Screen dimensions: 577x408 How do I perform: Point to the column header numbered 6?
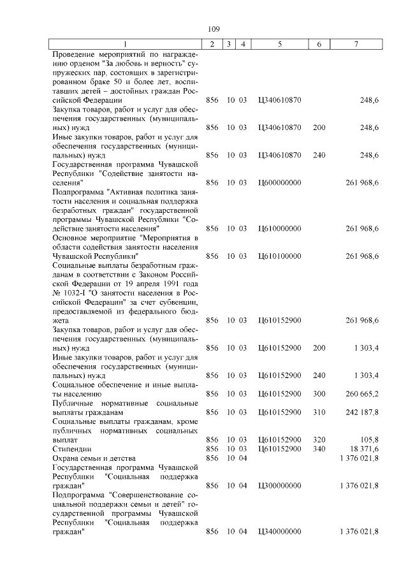(319, 44)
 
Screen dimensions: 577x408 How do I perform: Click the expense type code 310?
(319, 412)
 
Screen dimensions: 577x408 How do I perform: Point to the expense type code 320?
(319, 440)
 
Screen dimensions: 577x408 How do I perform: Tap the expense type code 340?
(319, 449)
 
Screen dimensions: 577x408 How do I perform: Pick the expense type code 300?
(319, 393)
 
